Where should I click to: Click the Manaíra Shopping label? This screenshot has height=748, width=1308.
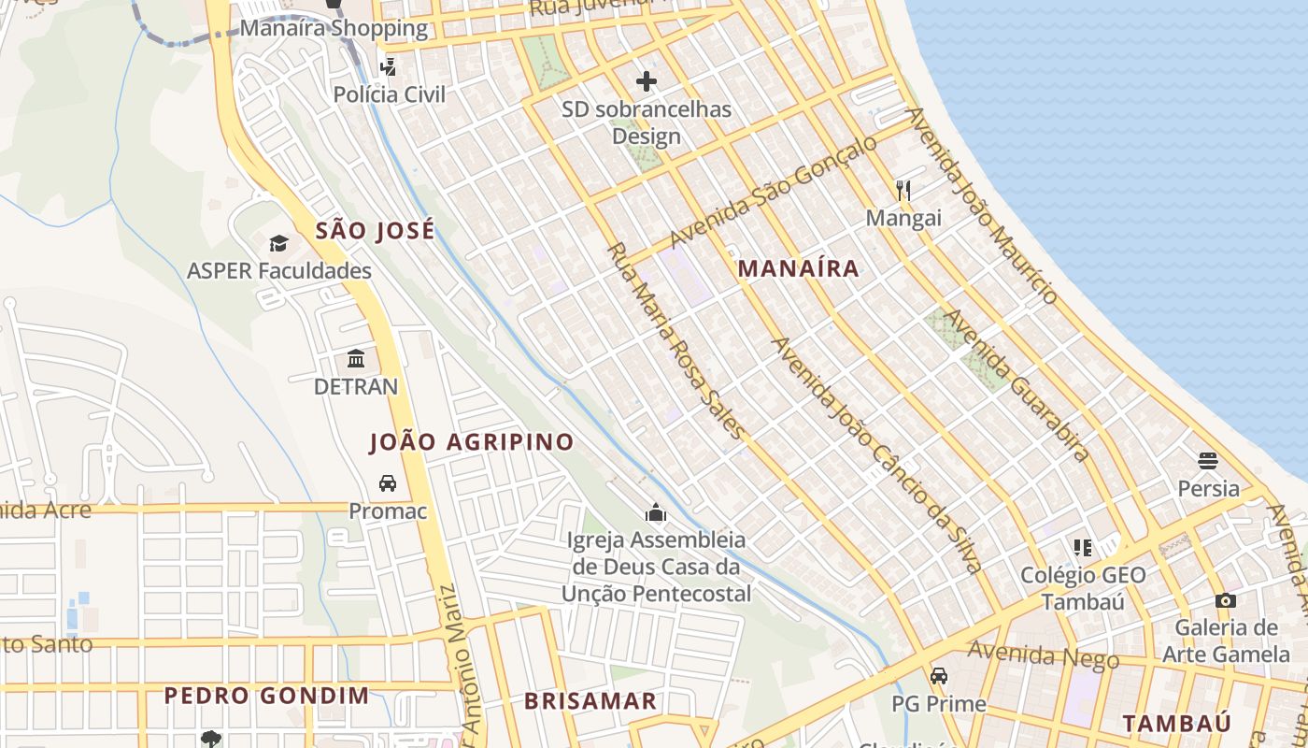click(334, 28)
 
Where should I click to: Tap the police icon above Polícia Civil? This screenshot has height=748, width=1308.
click(388, 66)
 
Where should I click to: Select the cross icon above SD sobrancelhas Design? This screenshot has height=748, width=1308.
click(647, 81)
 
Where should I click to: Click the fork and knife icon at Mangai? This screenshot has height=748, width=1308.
click(903, 191)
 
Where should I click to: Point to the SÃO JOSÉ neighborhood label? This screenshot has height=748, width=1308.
click(375, 230)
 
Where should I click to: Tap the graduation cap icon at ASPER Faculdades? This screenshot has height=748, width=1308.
click(278, 244)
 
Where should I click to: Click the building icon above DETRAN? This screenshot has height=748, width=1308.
click(356, 359)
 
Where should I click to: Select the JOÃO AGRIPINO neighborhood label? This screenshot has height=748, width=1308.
click(472, 442)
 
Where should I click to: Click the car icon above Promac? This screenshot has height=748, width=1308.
click(387, 483)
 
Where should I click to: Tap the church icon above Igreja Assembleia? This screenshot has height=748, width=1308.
click(656, 512)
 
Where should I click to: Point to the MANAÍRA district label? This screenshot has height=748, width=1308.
click(798, 268)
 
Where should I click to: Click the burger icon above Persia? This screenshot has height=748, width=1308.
click(1208, 461)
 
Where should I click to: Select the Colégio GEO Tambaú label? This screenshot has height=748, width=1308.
click(1083, 588)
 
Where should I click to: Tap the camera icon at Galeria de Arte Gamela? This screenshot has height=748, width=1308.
click(1226, 600)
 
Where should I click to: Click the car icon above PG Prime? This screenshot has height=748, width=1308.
click(938, 676)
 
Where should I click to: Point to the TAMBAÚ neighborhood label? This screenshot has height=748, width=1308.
click(1176, 723)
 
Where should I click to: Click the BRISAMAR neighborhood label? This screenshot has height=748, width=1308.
click(590, 701)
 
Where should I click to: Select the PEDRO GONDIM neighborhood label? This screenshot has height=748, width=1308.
click(266, 696)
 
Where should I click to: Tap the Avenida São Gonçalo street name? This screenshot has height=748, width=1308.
click(774, 191)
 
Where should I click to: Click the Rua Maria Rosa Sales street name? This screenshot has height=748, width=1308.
click(676, 340)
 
